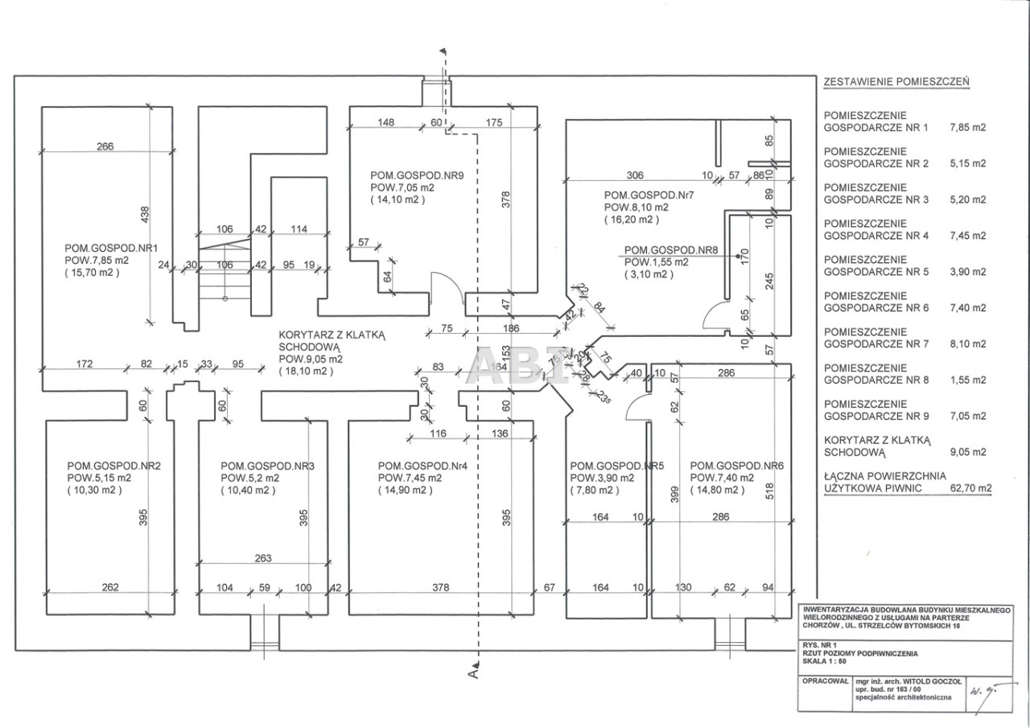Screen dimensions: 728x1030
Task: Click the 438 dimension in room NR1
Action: point(146,215)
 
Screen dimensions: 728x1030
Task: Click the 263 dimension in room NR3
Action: point(262,557)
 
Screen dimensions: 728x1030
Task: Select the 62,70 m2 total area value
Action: point(971,487)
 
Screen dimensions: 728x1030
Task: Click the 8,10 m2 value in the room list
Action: point(968,343)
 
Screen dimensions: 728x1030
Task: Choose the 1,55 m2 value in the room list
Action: point(968,380)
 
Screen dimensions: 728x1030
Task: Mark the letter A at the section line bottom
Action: point(474,674)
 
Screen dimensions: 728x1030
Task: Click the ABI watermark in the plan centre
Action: point(515,367)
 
